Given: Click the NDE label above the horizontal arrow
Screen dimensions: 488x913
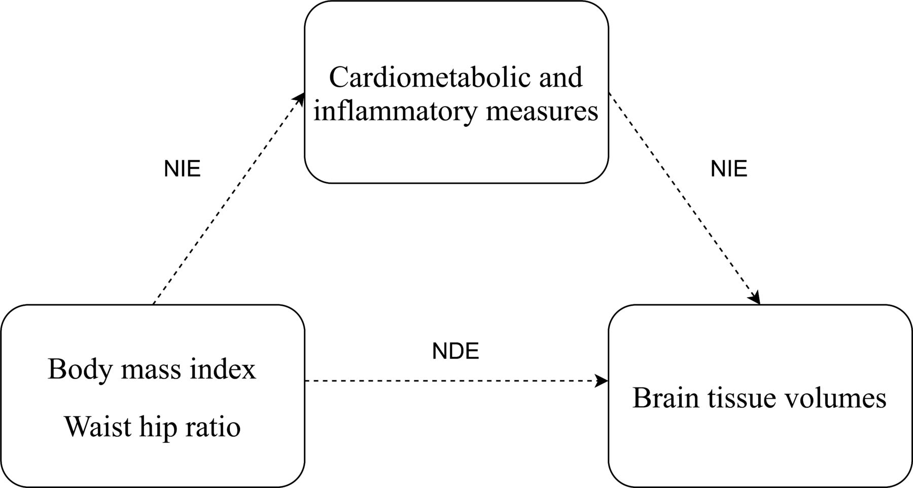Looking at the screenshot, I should tap(455, 351).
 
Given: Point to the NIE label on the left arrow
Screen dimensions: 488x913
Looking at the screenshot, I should tap(182, 168).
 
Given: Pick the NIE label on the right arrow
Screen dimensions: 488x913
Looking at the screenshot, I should tap(729, 168).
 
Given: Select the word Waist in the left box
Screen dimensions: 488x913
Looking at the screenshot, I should tap(95, 426).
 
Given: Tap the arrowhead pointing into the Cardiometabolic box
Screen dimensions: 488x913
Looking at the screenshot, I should tap(301, 97).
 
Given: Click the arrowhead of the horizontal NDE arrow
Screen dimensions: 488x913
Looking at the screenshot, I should tap(603, 380).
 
